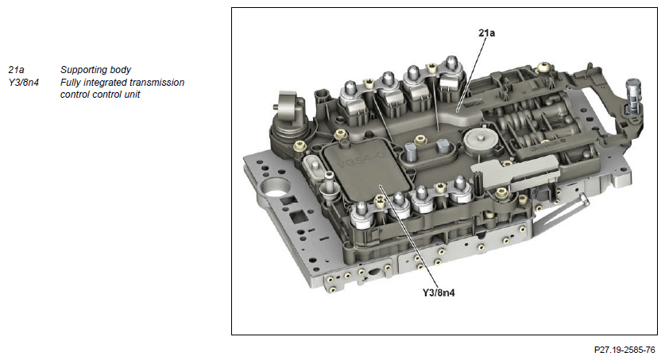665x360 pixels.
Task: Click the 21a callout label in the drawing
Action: [x=486, y=33]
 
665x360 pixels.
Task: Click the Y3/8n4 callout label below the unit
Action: [x=439, y=292]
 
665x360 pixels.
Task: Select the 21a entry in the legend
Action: [x=16, y=70]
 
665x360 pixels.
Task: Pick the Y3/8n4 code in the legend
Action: [x=23, y=83]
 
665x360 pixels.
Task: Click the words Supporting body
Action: [x=95, y=70]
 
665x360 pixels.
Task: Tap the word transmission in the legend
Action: [x=157, y=83]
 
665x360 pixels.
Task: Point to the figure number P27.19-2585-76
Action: [x=624, y=350]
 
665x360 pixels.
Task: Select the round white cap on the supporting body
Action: [x=479, y=140]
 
